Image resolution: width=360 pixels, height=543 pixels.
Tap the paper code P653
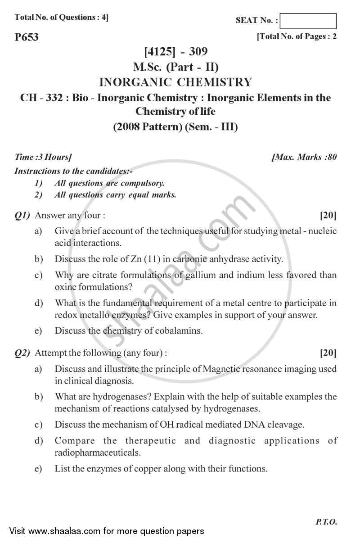(x=27, y=37)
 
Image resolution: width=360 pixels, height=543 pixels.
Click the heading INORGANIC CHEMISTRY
(x=175, y=82)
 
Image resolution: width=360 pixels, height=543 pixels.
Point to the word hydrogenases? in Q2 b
(x=117, y=397)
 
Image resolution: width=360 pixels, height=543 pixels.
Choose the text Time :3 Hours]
(x=43, y=157)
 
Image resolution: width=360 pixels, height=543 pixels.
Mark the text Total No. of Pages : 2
(x=297, y=37)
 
